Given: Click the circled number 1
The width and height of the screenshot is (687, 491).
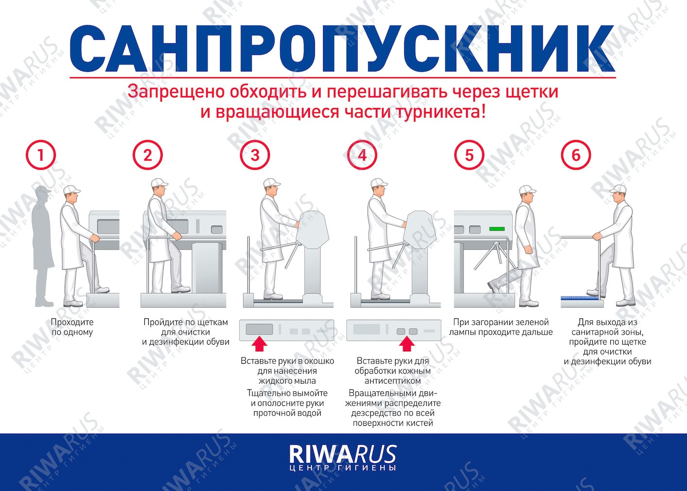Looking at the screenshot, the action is click(x=41, y=155).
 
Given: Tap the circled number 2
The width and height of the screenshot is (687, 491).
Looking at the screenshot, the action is click(x=148, y=155).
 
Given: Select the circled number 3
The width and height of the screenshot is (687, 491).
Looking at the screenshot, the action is click(x=255, y=155).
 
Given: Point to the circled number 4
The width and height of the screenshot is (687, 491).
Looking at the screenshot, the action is click(x=362, y=155).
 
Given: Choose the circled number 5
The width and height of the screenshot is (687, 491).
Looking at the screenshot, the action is click(x=469, y=155).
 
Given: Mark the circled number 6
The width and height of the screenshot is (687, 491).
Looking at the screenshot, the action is click(x=576, y=155).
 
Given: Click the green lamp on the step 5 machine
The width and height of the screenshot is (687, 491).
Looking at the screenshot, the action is click(x=497, y=228).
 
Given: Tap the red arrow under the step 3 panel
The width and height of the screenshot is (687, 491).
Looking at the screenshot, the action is click(x=259, y=344).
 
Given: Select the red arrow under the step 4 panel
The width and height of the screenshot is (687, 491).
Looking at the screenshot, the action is click(x=407, y=344).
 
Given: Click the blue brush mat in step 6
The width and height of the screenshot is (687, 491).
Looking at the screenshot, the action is click(x=579, y=298).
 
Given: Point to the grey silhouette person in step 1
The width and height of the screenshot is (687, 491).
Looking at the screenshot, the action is click(x=43, y=246).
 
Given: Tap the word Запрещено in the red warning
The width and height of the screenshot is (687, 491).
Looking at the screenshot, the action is click(x=176, y=91).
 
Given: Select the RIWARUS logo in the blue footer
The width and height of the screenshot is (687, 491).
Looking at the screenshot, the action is click(x=343, y=458).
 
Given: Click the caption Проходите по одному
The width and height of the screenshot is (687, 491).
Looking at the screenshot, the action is click(x=72, y=327).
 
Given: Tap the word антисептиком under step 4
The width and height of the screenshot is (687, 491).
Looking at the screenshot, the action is click(x=393, y=381).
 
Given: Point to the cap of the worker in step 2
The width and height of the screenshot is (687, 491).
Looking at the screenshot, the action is click(x=159, y=183).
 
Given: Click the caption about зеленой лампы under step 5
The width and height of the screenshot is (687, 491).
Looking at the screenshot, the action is click(x=501, y=327).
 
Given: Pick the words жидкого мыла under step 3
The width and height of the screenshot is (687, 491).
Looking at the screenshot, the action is click(x=287, y=381).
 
